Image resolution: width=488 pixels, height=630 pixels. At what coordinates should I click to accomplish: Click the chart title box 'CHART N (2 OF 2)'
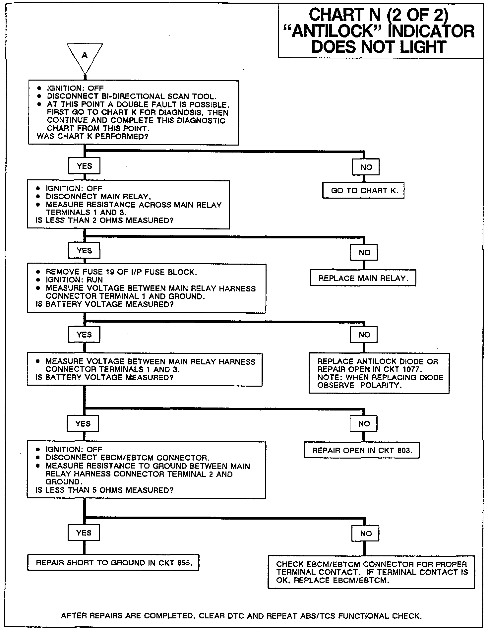(x=380, y=31)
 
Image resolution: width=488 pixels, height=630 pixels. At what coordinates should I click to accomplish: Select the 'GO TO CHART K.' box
(x=363, y=191)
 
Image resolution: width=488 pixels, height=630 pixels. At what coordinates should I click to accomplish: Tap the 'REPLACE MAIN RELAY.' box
(x=363, y=278)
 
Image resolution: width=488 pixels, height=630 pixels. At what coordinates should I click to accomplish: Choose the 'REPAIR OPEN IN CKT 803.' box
(x=361, y=451)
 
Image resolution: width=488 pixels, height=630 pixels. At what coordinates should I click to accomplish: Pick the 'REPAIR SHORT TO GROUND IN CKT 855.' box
(x=113, y=563)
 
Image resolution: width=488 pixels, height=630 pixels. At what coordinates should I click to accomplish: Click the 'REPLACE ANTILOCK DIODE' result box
(x=379, y=373)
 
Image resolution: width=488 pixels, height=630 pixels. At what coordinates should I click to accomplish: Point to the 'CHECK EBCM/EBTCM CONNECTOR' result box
(x=371, y=572)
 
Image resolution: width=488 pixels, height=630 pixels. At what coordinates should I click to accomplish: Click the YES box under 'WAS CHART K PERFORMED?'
(x=84, y=166)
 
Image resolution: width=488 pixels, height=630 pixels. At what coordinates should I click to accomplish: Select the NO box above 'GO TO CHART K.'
(x=366, y=167)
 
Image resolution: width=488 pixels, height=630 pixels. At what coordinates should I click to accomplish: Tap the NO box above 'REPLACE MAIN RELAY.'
(x=364, y=253)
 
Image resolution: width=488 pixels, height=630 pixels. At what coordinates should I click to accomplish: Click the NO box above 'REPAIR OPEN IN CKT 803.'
(x=364, y=423)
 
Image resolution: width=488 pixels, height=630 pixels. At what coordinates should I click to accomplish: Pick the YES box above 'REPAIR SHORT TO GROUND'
(x=84, y=533)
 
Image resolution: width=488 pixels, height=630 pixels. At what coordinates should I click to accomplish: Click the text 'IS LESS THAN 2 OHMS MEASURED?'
(x=104, y=220)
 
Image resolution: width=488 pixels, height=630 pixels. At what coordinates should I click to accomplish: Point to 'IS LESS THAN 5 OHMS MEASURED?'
(x=104, y=490)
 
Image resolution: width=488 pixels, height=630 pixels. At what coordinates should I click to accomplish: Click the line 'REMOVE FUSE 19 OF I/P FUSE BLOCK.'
(x=121, y=272)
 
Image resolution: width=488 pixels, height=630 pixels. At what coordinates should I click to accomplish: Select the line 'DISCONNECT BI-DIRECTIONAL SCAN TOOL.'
(x=132, y=96)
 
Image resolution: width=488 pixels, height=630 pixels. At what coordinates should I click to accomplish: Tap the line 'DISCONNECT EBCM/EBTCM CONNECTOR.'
(x=128, y=458)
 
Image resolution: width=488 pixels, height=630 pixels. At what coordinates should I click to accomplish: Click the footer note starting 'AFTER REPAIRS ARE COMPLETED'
(x=241, y=616)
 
